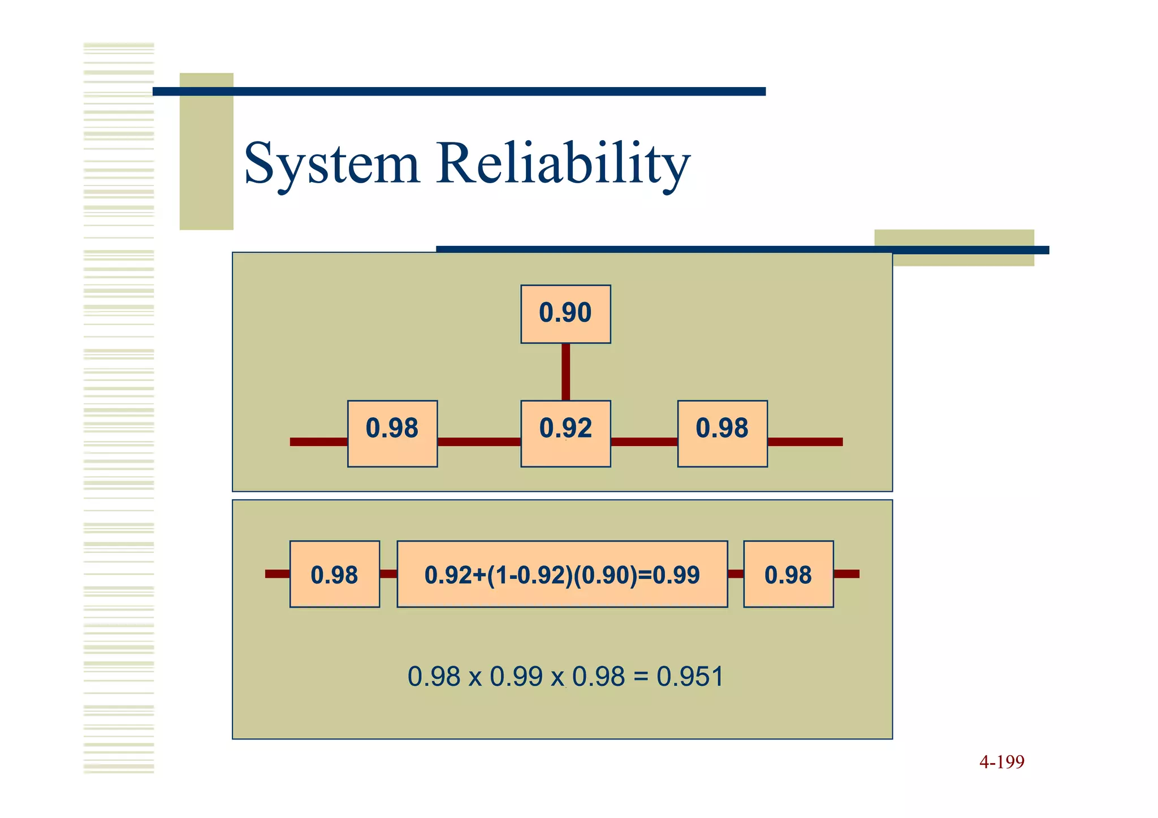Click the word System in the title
click(331, 164)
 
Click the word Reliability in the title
click(563, 164)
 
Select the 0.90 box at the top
click(565, 314)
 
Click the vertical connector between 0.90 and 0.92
click(565, 371)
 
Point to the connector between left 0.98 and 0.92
click(479, 442)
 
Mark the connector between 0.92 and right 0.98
click(644, 442)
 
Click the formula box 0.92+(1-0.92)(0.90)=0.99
click(562, 574)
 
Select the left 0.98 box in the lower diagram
click(334, 574)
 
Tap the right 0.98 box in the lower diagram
click(788, 574)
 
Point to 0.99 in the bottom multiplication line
click(516, 677)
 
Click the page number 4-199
click(1001, 762)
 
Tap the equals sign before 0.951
click(641, 677)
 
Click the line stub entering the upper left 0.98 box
click(318, 442)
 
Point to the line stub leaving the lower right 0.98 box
click(846, 574)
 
